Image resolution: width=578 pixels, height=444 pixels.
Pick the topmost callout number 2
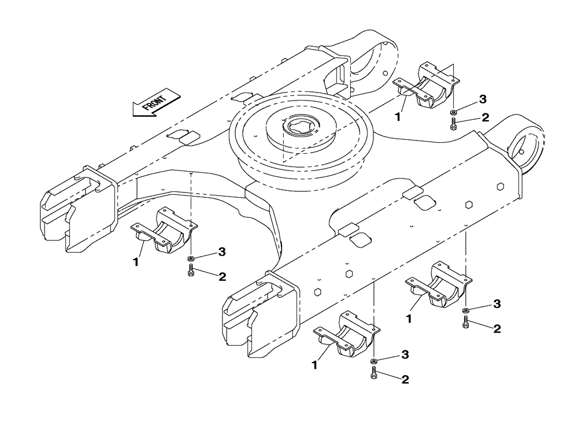(485, 117)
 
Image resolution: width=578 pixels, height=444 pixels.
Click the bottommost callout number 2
(405, 379)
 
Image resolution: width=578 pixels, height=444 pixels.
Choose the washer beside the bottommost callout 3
(374, 361)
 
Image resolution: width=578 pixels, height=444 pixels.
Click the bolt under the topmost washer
(454, 124)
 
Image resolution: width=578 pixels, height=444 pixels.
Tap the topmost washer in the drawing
(454, 112)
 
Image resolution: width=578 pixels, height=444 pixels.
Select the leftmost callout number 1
(135, 262)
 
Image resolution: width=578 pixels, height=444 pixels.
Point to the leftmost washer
(191, 258)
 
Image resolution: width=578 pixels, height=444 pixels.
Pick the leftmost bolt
(191, 270)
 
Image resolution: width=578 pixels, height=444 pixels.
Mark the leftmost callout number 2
(222, 277)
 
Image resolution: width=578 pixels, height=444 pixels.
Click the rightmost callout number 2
(497, 329)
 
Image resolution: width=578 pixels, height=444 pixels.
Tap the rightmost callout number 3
(497, 304)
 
